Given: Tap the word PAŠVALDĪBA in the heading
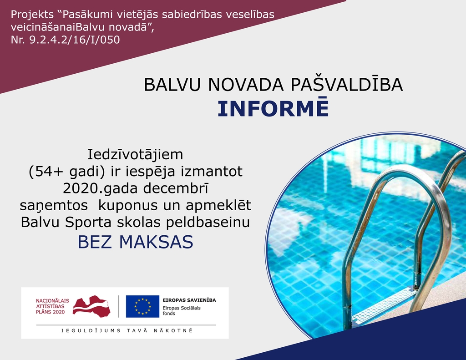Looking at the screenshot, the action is (346, 84).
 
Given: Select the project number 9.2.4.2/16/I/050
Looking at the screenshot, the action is (74, 40).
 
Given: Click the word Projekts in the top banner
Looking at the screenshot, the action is (32, 15).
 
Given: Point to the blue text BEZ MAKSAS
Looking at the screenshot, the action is (136, 242).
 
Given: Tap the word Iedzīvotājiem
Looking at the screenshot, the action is (136, 155).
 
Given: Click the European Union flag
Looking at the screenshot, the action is (142, 306).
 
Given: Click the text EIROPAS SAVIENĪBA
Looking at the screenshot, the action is (189, 300).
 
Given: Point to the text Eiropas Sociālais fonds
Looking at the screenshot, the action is (182, 311).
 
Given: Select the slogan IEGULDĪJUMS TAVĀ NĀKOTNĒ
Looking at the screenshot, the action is (127, 330).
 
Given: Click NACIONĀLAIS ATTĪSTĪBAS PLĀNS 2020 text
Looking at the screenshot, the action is (52, 306).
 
